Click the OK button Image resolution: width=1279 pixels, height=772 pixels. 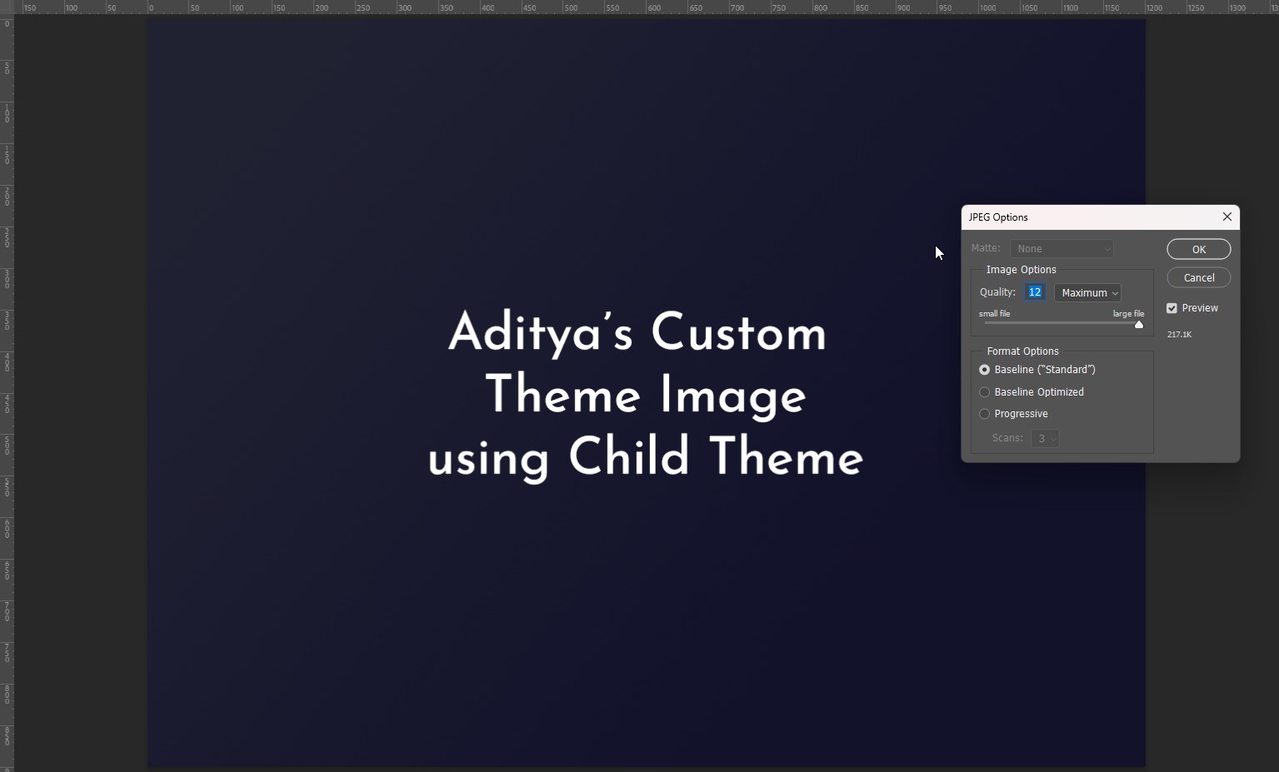[1198, 249]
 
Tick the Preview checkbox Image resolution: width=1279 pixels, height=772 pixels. [1172, 308]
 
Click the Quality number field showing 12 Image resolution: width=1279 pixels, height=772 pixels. [1035, 292]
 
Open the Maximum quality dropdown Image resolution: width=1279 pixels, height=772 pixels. [1088, 293]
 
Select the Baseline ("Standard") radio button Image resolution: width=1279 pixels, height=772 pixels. [985, 370]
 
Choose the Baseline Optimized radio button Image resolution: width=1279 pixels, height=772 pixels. [985, 392]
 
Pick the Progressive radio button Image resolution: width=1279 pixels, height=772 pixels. [985, 414]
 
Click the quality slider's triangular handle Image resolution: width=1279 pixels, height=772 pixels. [1139, 325]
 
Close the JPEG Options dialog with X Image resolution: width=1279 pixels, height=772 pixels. [1227, 217]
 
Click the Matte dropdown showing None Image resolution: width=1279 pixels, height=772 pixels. [1062, 249]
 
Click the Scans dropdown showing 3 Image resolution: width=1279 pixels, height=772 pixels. [1045, 438]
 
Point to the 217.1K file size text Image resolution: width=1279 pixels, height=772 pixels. [1179, 335]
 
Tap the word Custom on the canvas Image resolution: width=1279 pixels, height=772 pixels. [738, 333]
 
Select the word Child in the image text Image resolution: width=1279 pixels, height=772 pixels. [629, 457]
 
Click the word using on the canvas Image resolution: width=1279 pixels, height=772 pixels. [488, 461]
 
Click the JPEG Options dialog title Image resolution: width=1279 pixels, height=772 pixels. [998, 217]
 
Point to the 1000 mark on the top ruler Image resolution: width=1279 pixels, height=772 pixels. [988, 8]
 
